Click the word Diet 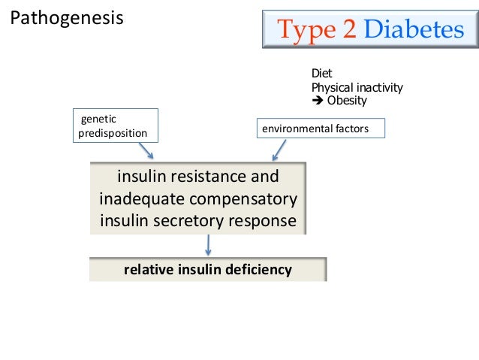tap(321, 74)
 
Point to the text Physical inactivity tap(357, 88)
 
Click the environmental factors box tap(321, 129)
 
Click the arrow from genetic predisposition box tap(146, 150)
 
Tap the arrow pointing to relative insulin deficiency tap(208, 245)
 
